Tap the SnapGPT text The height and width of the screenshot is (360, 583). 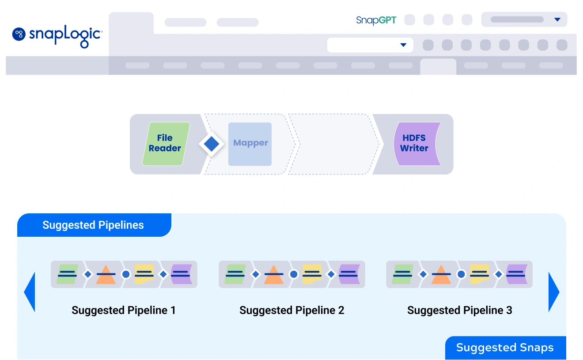point(376,20)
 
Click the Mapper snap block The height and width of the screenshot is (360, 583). point(250,144)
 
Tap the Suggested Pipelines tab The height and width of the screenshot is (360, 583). point(93,225)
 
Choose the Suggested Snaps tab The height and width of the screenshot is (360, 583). point(505,348)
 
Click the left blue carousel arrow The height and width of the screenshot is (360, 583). point(29,292)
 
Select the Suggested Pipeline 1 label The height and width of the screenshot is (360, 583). point(124,311)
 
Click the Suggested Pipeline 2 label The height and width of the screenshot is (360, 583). point(291,311)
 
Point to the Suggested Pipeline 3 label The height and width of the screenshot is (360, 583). point(459,311)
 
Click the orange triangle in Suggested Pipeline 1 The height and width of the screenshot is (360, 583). point(106,274)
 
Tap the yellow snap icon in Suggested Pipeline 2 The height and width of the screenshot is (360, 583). point(312,274)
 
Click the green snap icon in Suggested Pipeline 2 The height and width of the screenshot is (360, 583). point(235,274)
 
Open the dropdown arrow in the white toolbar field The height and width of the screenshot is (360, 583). point(403,45)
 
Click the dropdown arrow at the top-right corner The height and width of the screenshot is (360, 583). point(557,20)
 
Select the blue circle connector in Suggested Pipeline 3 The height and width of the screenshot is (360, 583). point(461,274)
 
